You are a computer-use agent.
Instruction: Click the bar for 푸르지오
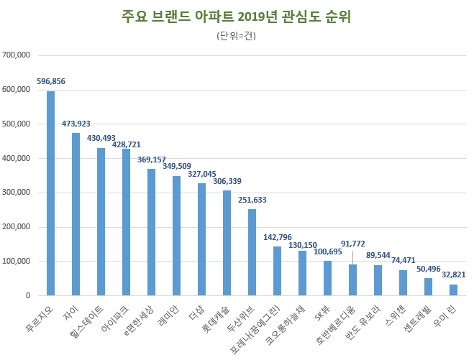point(50,194)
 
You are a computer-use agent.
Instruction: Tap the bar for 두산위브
point(252,252)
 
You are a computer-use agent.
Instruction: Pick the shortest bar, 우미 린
point(453,290)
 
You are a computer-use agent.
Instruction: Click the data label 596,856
point(50,82)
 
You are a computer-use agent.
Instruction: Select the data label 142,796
point(277,237)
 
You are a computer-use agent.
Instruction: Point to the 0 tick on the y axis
point(27,296)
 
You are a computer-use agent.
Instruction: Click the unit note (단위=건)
point(236,36)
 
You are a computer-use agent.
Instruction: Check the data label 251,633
point(252,200)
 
